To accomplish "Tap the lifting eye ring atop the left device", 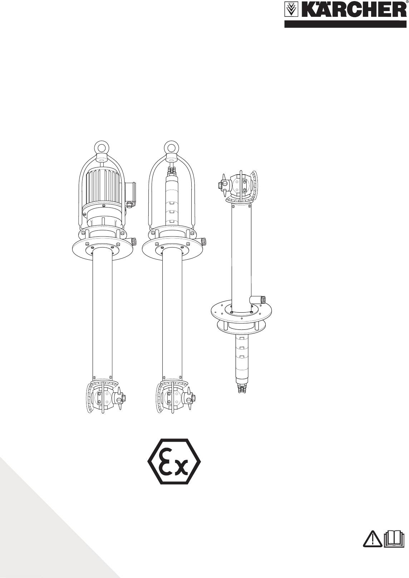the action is coord(102,147).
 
